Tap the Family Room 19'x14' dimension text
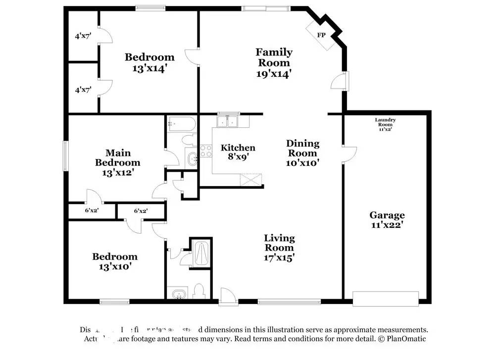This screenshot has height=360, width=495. [x=273, y=74]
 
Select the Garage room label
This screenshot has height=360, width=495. [x=387, y=215]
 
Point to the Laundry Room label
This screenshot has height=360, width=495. [x=385, y=122]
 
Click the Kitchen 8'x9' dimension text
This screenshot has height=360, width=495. [x=238, y=157]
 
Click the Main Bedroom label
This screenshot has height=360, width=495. [x=118, y=157]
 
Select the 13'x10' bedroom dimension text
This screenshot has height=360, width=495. [x=114, y=266]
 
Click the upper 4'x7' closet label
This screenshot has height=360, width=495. [x=83, y=36]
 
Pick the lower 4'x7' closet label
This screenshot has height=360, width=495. [x=83, y=90]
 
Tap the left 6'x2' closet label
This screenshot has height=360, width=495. [x=92, y=210]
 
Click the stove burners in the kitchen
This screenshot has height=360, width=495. [x=205, y=152]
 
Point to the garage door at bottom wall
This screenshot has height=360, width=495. [x=386, y=299]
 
